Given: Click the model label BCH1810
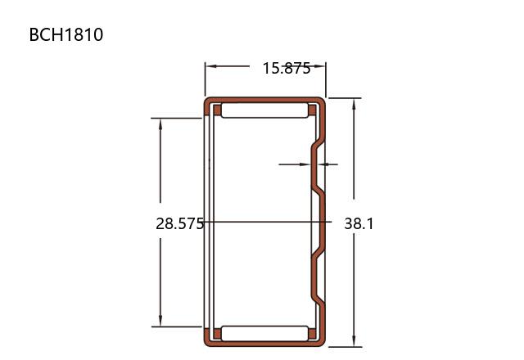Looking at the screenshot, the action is point(66,34).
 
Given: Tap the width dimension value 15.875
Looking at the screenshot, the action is point(287,68).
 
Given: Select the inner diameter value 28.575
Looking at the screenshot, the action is point(180,223).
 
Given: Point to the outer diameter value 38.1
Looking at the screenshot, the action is point(359,223).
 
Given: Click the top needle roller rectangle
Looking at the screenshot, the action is point(264,110).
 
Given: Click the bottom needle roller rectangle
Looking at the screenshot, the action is point(264,334).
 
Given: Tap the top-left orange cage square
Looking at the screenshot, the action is point(217,110).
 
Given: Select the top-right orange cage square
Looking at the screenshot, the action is point(312,110).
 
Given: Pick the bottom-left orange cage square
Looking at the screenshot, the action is point(217,334).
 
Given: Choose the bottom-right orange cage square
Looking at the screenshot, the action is point(312,334).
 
